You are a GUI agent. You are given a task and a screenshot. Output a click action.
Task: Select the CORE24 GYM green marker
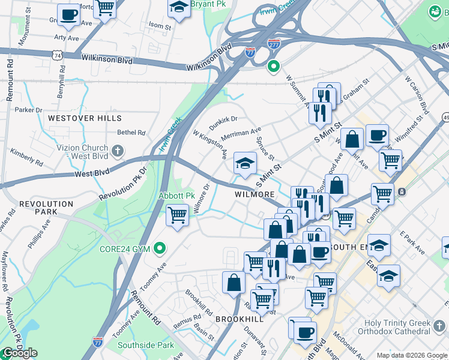(x=160, y=247)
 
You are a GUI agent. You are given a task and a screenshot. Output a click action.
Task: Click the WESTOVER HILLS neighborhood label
(x=85, y=118)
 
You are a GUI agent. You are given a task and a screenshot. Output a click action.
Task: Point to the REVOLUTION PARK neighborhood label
(x=38, y=208)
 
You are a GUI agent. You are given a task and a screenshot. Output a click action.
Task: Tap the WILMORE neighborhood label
(x=255, y=194)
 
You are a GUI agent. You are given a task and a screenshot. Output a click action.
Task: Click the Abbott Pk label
(x=177, y=196)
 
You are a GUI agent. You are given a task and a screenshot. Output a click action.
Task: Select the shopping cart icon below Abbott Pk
(x=178, y=215)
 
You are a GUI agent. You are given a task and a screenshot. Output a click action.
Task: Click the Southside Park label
(x=145, y=345)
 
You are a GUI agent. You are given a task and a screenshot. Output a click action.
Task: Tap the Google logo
(x=19, y=353)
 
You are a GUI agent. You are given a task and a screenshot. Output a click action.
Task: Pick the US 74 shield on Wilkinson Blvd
(x=57, y=55)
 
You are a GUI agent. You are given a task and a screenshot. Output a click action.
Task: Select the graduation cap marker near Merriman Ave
(x=245, y=163)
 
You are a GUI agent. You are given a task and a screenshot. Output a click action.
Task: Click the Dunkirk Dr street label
(x=223, y=122)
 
